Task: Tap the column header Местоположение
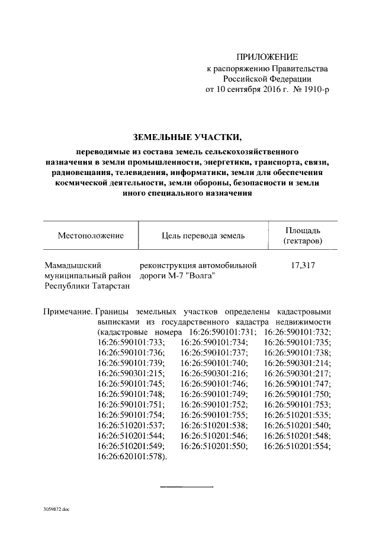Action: click(x=90, y=236)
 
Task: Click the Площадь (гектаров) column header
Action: click(x=303, y=236)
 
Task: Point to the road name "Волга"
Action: click(x=197, y=276)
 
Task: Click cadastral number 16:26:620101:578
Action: click(x=133, y=456)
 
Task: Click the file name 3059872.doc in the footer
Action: click(x=57, y=509)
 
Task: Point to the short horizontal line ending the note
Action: click(x=187, y=487)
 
